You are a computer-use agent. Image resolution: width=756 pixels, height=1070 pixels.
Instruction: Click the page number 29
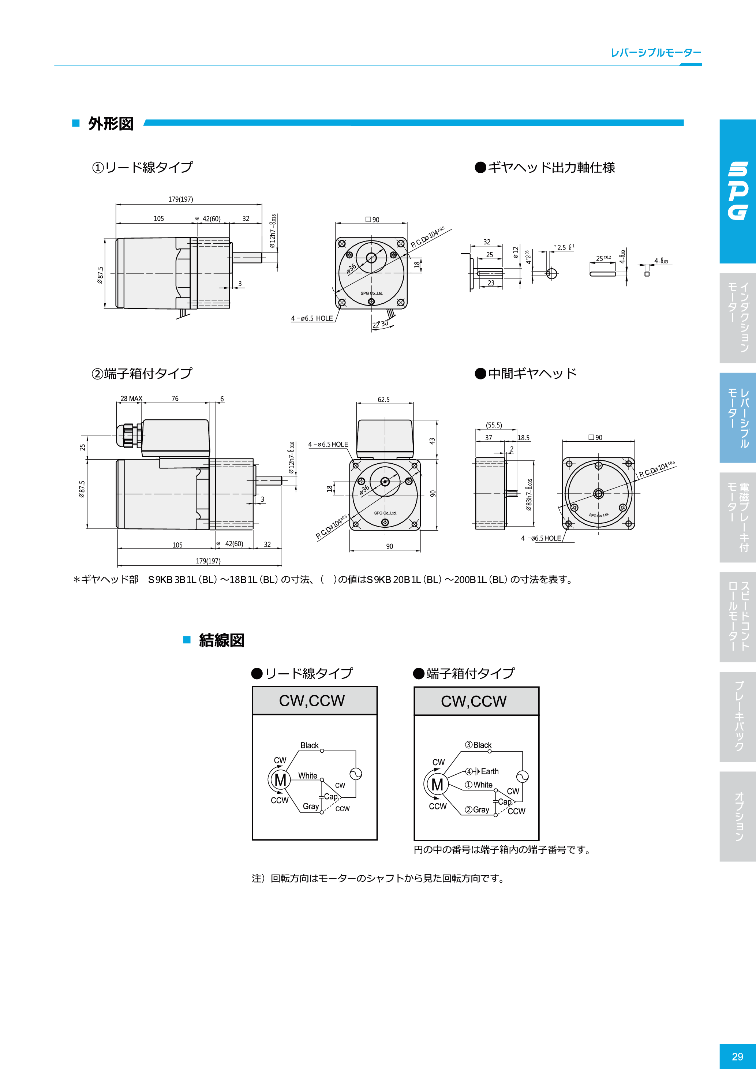coord(737,1056)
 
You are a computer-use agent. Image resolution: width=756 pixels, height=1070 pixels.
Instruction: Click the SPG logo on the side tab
coord(738,191)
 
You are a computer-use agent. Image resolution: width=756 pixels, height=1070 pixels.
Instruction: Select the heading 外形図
coord(111,124)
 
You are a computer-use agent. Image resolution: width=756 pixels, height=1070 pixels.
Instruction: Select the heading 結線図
coord(221,640)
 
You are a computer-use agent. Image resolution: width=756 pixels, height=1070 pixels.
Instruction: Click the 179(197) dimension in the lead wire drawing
coord(180,199)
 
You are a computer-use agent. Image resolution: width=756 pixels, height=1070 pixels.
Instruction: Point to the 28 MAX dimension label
coord(131,399)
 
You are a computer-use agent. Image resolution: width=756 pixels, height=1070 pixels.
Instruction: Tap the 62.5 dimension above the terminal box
coord(383,399)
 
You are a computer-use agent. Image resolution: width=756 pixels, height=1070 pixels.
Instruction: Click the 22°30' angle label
coord(380,324)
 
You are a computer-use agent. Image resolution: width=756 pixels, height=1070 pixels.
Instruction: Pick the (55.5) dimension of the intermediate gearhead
coord(494,425)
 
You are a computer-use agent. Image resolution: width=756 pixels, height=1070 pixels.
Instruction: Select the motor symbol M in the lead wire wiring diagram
coord(280,780)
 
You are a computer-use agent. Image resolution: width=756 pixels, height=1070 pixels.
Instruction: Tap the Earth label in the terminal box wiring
coord(489,771)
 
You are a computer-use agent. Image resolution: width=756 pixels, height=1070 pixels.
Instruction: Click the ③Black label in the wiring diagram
coord(478,745)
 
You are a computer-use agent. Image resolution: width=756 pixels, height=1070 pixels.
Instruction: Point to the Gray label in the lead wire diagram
coord(310,806)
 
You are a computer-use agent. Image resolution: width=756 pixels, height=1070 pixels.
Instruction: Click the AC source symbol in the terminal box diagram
coord(522,776)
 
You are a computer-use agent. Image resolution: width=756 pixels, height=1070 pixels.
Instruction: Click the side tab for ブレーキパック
coord(738,717)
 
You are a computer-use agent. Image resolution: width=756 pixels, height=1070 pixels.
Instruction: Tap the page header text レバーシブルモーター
coord(655,53)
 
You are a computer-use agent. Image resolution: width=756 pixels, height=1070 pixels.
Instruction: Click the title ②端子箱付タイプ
coord(141,373)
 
